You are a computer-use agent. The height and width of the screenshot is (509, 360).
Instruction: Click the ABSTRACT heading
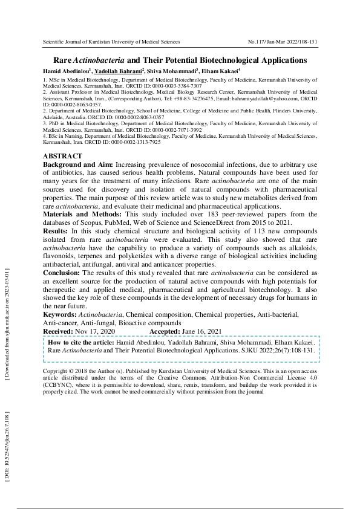click(63, 156)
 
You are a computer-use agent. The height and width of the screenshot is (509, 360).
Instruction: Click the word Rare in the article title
click(63, 60)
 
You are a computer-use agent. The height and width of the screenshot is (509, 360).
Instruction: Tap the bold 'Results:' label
click(56, 231)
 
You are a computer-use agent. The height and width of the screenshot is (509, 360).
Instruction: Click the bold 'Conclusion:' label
click(62, 273)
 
